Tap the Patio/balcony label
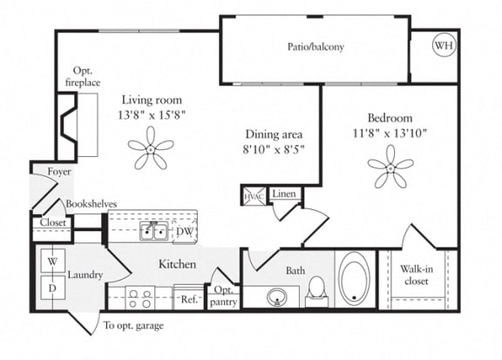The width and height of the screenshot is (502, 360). [x=315, y=47]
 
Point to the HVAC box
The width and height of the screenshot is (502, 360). [x=254, y=196]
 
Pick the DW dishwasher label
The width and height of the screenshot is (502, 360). [x=185, y=232]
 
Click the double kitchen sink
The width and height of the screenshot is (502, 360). [x=155, y=231]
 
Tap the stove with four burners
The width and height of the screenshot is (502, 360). [x=139, y=298]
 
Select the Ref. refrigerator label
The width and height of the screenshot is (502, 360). [x=188, y=299]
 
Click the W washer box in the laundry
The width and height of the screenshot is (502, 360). [x=51, y=261]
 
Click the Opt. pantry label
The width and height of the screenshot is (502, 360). [x=222, y=295]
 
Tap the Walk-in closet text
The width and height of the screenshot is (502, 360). [x=417, y=275]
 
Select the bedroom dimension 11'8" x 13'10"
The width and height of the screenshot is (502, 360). [x=390, y=133]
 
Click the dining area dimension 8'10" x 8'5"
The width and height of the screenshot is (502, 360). [x=273, y=149]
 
